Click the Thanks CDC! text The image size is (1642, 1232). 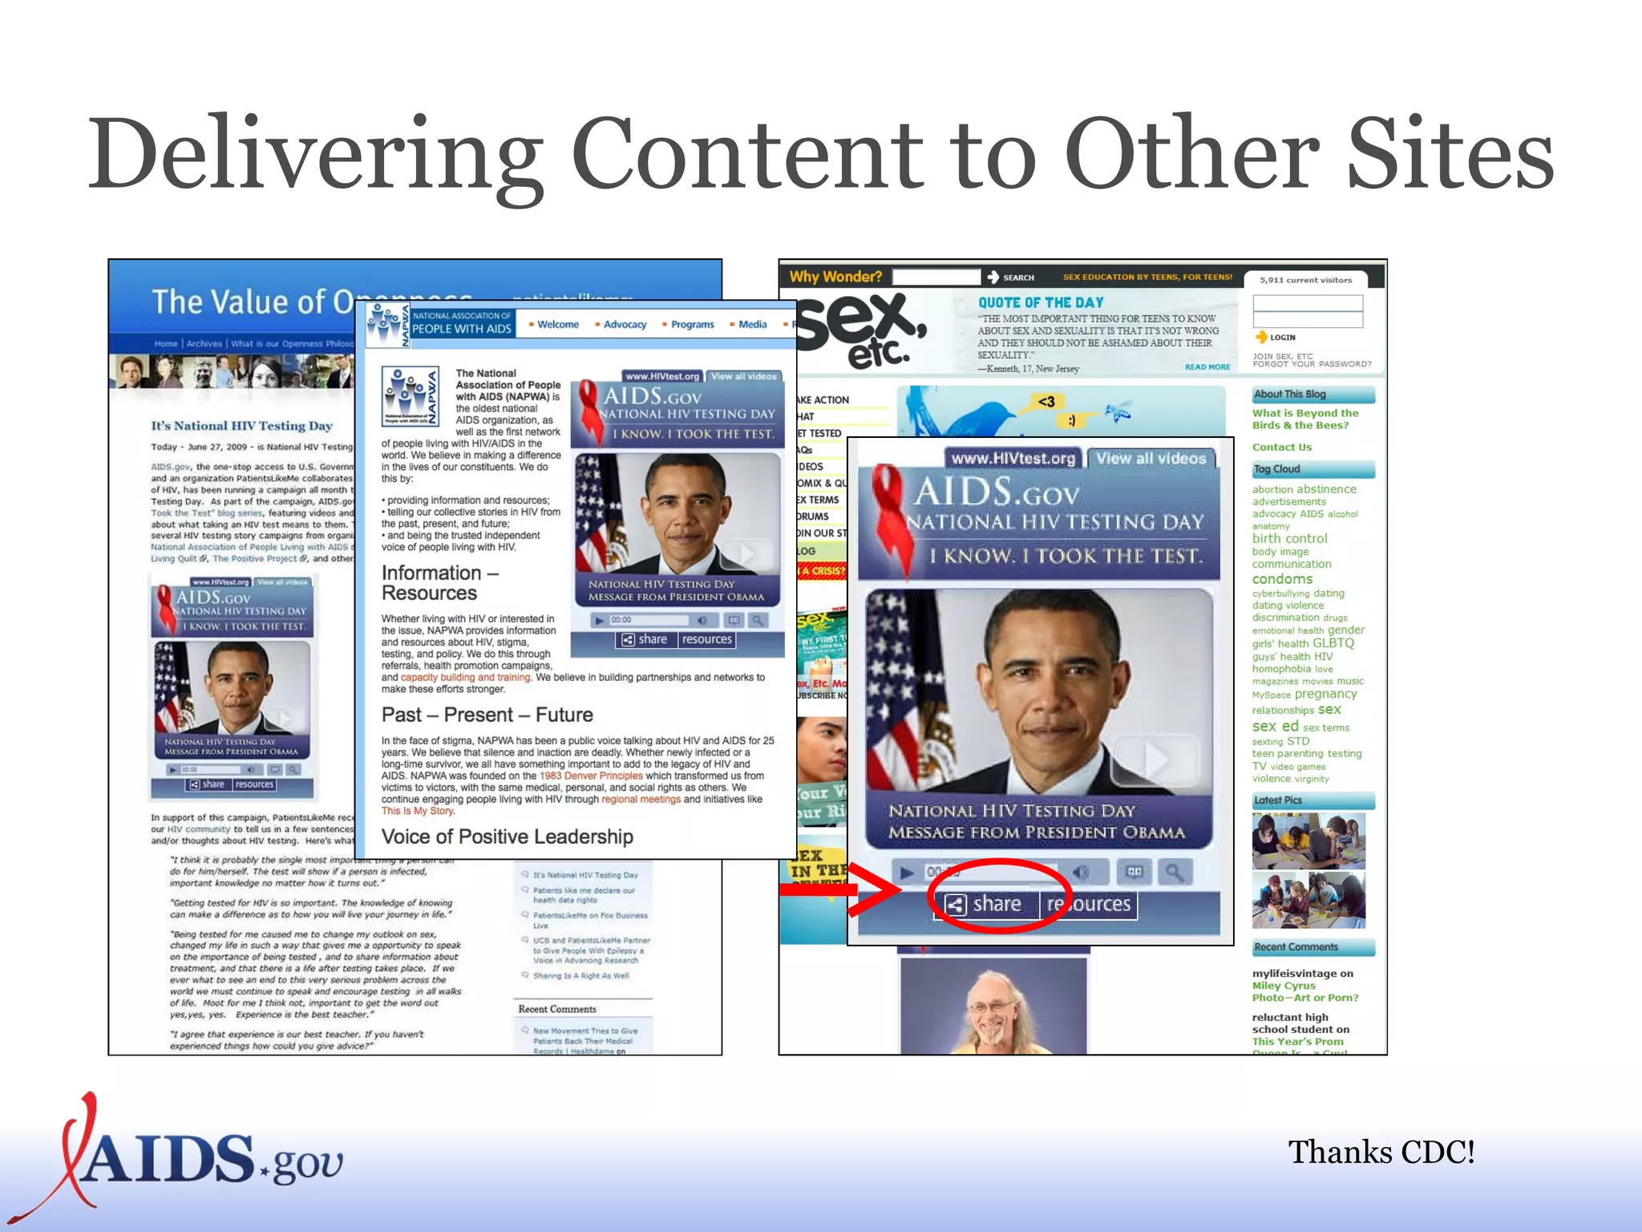[x=1381, y=1152]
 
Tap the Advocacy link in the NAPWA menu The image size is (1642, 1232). [x=625, y=324]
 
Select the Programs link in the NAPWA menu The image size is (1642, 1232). [x=692, y=324]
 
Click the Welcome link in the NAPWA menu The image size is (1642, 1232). [x=557, y=324]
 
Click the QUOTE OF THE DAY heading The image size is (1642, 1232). [x=1040, y=302]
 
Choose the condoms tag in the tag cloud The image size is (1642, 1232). [x=1282, y=579]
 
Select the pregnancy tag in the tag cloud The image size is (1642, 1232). [x=1325, y=694]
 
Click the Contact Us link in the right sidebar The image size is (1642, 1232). [x=1282, y=447]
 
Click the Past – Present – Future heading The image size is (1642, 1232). [x=487, y=715]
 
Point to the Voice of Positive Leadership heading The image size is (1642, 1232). [x=507, y=837]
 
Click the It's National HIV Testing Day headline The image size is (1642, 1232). [x=241, y=426]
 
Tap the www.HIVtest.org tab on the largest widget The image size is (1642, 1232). [x=1013, y=458]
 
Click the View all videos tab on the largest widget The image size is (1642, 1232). [x=1151, y=458]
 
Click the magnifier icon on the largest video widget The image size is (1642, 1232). [x=1173, y=871]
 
